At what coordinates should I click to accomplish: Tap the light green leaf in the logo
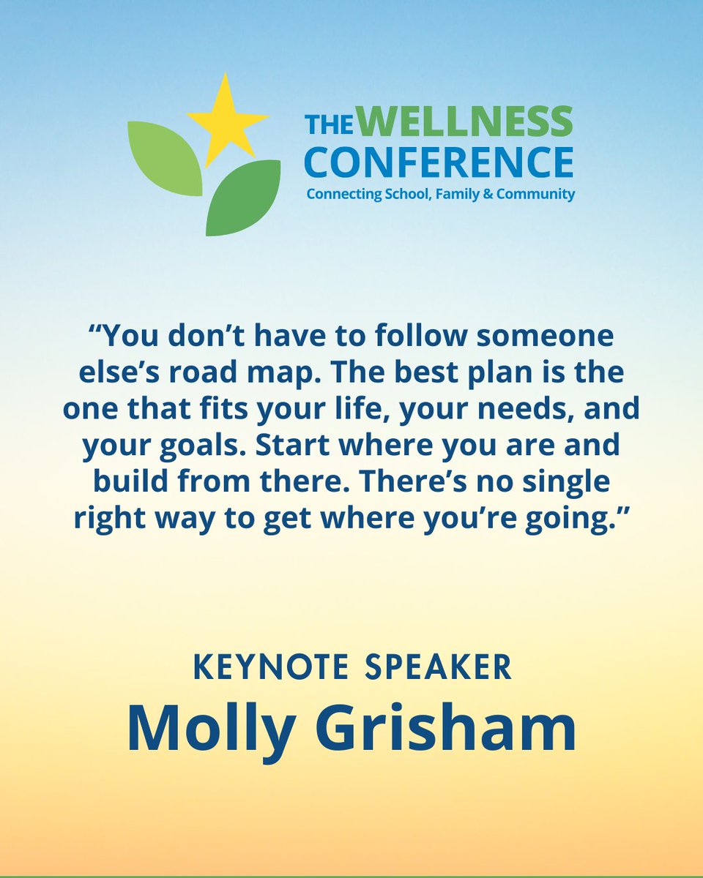(x=165, y=157)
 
